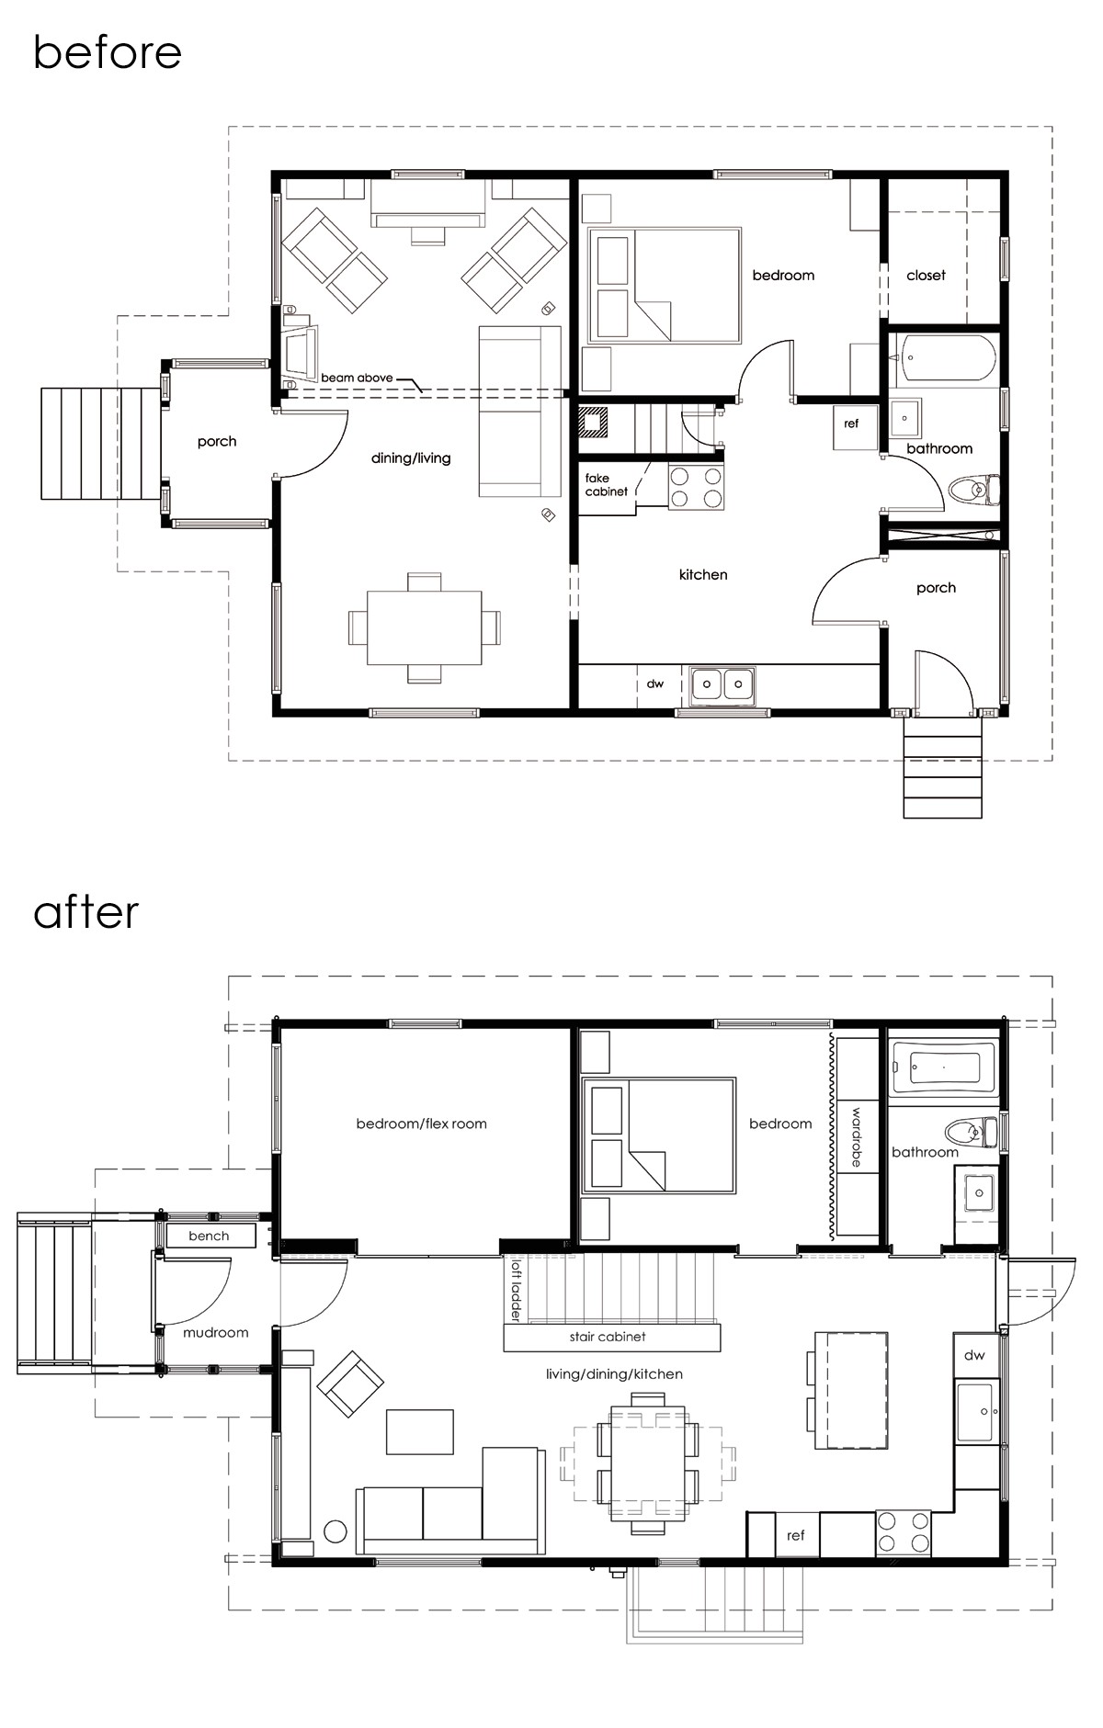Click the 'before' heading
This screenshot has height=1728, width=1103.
coord(107,52)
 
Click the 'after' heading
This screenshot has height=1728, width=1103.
coord(85,911)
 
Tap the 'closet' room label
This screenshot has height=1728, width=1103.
coord(926,275)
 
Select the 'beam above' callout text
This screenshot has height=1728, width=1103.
coord(357,378)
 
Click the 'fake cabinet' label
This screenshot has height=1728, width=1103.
coord(606,485)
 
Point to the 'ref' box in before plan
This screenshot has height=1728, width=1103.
coord(852,424)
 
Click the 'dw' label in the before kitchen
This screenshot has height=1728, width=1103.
coord(654,683)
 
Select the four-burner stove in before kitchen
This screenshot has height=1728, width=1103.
coord(696,487)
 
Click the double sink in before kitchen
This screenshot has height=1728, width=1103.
coord(722,683)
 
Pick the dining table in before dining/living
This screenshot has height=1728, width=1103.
coord(424,627)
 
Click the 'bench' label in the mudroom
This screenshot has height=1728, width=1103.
coord(209,1236)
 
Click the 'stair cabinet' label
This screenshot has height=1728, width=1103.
coord(607,1337)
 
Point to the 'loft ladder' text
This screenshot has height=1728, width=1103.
coord(515,1290)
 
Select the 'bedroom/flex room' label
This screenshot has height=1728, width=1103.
coord(421,1124)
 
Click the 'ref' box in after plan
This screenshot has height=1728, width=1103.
coord(796,1535)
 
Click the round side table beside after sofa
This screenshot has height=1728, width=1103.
coord(335,1531)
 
